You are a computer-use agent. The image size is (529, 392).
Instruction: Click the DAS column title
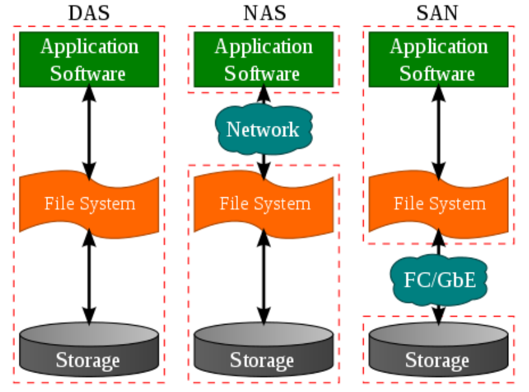point(89,12)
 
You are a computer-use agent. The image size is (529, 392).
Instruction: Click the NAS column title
point(264,12)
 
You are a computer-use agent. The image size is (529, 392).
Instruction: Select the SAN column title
point(438,12)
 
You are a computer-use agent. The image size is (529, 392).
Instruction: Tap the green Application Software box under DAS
point(89,59)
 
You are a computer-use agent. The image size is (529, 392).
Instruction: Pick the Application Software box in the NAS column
point(264,59)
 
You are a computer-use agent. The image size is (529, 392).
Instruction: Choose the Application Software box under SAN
point(438,59)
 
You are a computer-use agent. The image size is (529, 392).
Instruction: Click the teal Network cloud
point(263,129)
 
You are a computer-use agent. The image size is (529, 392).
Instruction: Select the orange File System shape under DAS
point(89,203)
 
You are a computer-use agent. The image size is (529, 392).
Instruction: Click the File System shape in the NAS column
point(264,203)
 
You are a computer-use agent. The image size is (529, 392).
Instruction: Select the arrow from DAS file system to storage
point(89,276)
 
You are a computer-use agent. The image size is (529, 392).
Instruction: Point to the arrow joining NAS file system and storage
point(264,276)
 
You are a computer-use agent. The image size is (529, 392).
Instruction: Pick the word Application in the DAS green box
point(89,47)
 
